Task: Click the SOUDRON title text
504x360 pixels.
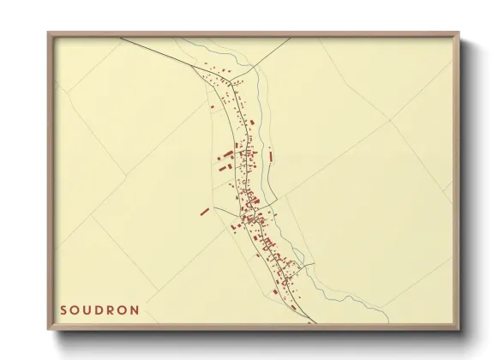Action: pos(99,309)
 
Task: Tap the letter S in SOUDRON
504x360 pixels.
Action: pos(64,309)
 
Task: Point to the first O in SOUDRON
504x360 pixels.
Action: pos(75,309)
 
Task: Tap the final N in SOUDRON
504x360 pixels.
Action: pos(135,309)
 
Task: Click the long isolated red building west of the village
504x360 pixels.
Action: pos(205,211)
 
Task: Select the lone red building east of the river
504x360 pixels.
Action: pos(271,156)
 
